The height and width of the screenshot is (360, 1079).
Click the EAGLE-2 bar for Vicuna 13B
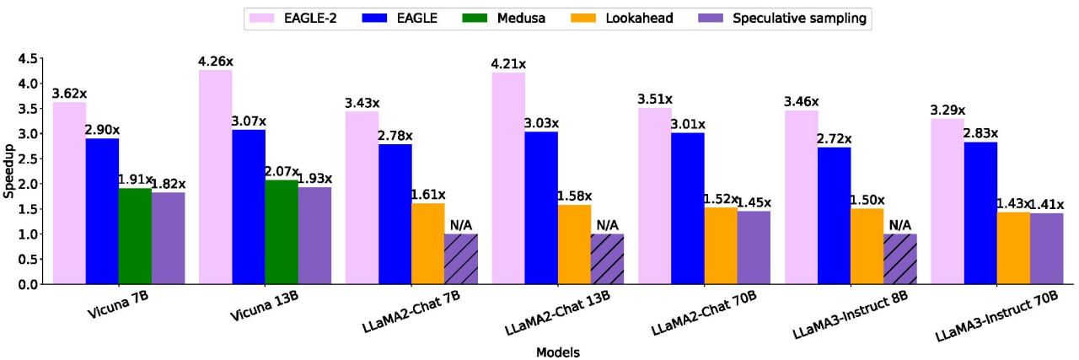click(x=215, y=177)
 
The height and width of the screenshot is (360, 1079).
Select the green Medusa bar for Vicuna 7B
click(x=135, y=236)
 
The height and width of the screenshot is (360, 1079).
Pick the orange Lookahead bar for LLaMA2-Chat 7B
click(x=427, y=244)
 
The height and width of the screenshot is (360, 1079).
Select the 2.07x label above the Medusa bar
click(x=282, y=170)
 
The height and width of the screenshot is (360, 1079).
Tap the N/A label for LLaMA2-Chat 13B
click(x=607, y=225)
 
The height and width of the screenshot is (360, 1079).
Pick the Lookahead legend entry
click(x=625, y=18)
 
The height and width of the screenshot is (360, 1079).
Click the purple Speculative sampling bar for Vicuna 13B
click(x=314, y=235)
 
